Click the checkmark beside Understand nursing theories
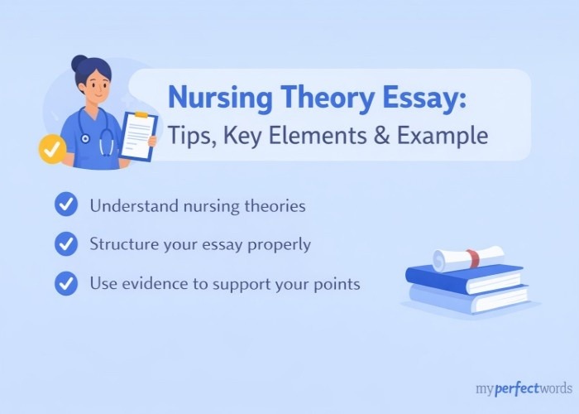(x=65, y=204)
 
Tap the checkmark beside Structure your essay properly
(x=65, y=243)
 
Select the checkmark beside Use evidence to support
(x=65, y=283)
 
